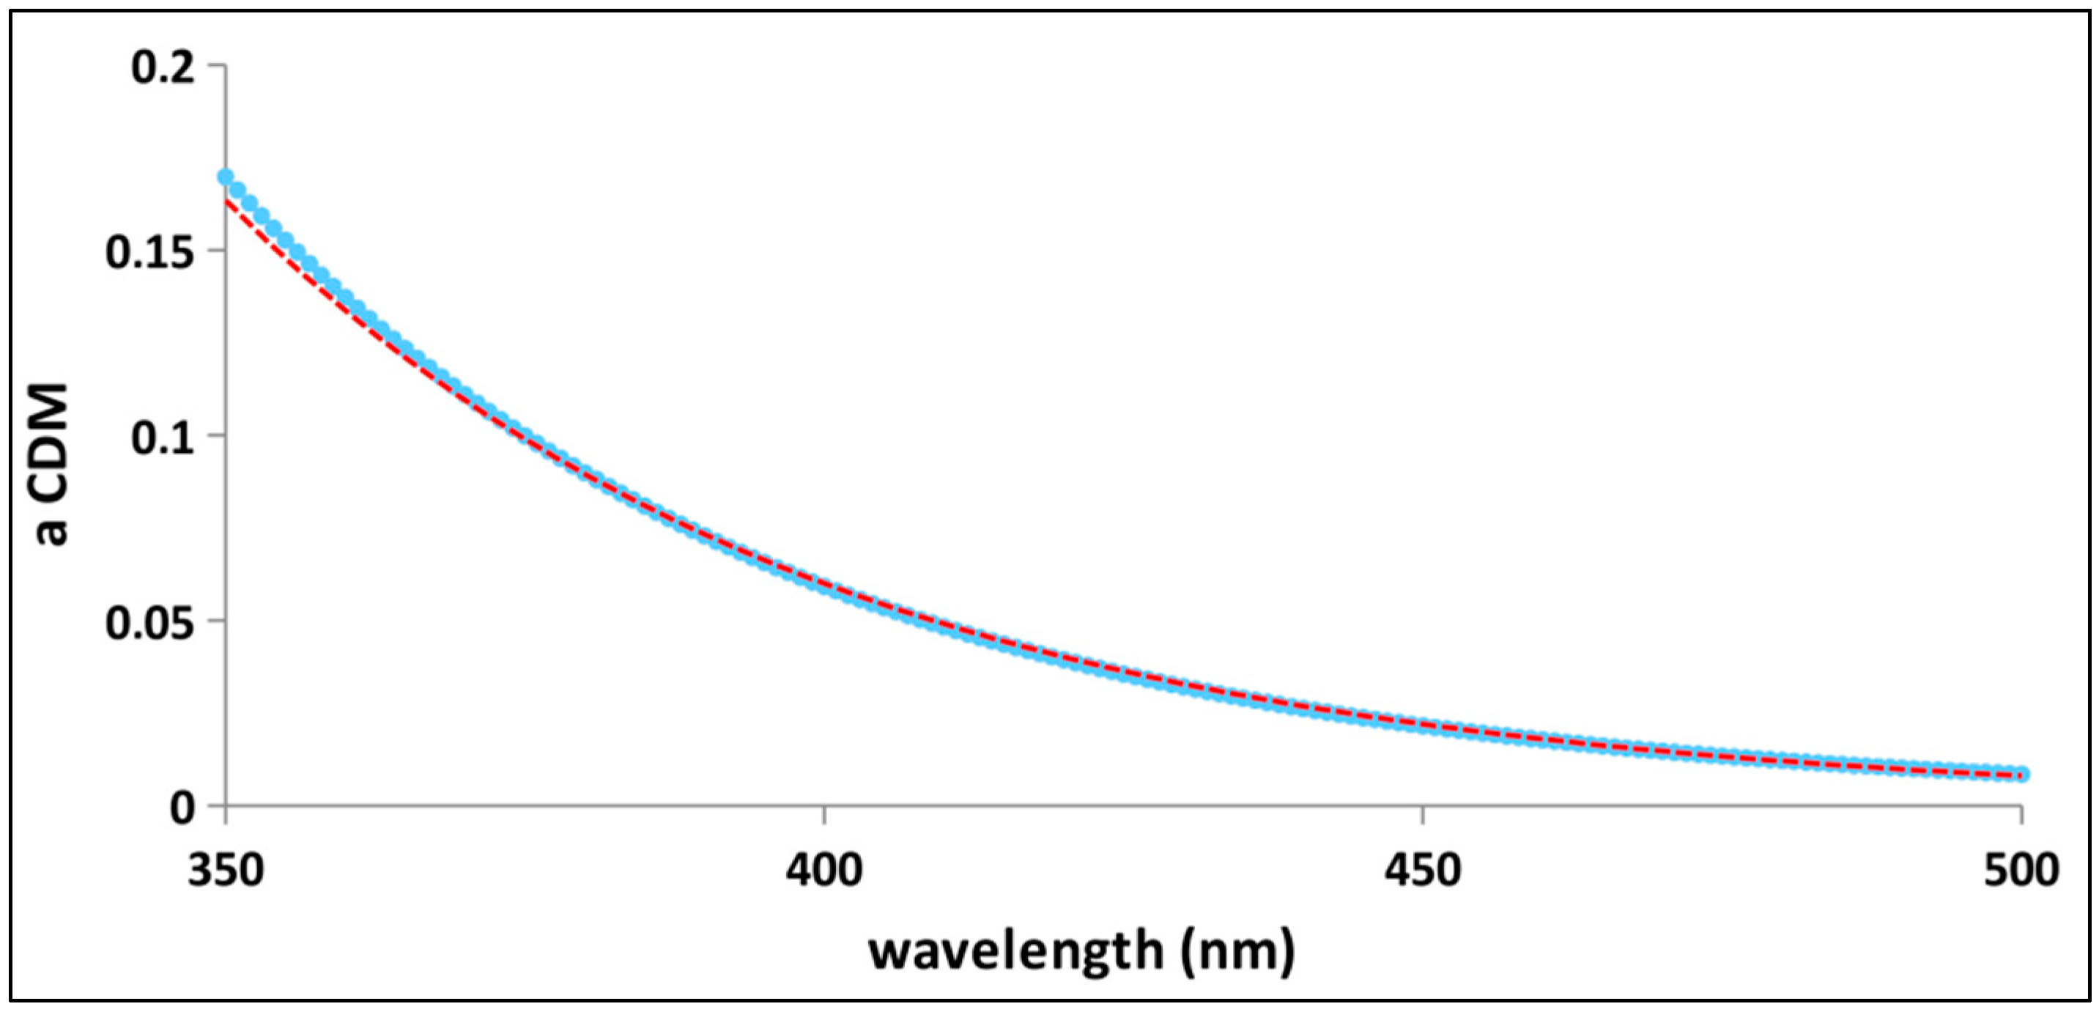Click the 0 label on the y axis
(182, 808)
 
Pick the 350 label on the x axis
(226, 871)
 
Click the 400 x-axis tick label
(823, 871)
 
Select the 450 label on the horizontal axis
(1422, 871)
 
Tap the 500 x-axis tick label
(2020, 871)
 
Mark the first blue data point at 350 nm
(226, 177)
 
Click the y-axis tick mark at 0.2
(216, 64)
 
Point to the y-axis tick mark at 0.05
(216, 621)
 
